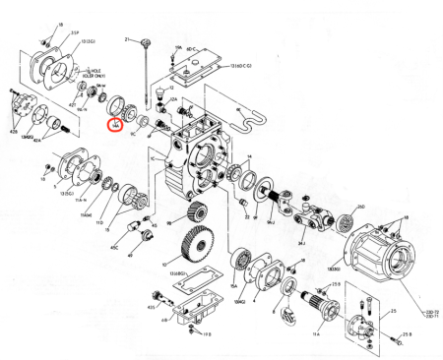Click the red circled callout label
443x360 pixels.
point(115,125)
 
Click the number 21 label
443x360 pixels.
point(127,38)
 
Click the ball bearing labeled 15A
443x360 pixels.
point(238,264)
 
